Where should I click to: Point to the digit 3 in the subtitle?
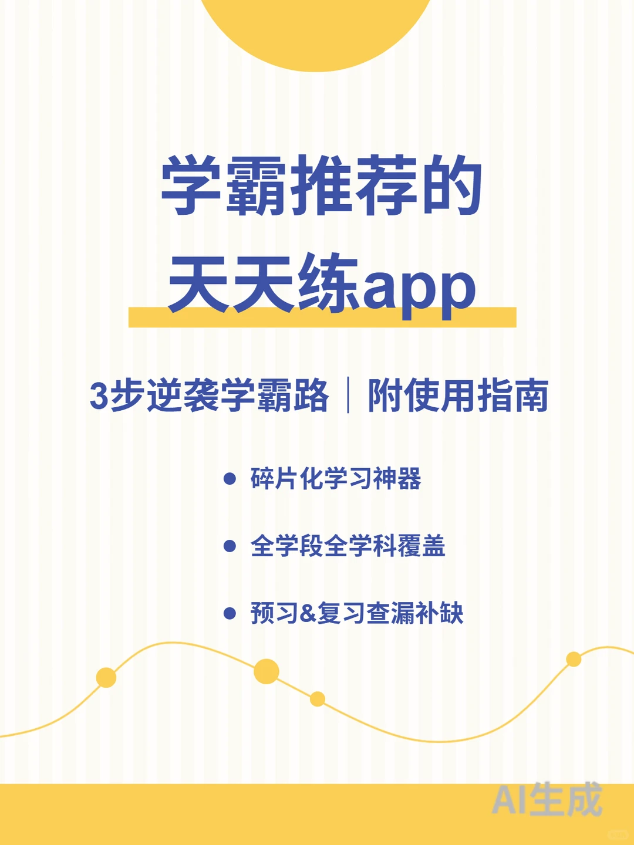point(99,396)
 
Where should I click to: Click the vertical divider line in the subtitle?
point(348,396)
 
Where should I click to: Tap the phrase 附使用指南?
point(458,396)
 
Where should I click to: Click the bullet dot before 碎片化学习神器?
point(230,479)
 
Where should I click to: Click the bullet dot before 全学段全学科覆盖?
point(230,546)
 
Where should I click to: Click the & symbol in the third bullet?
point(308,614)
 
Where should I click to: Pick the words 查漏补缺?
point(414,614)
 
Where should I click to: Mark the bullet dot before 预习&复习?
point(230,614)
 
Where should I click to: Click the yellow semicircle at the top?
point(317,29)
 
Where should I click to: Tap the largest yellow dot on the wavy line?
point(266,671)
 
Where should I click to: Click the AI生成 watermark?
point(547,799)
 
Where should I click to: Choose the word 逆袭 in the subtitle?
point(183,396)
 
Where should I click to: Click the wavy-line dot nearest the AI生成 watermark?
point(574,660)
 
